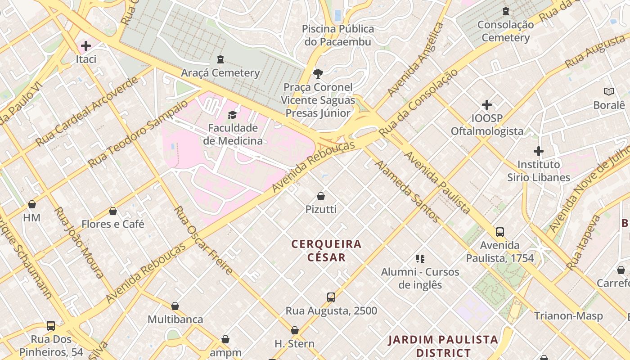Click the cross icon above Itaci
click(85, 46)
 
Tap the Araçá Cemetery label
click(220, 72)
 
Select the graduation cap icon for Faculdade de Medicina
click(232, 115)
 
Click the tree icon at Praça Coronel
click(318, 73)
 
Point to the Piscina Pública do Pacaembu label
click(337, 36)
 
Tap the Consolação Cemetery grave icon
click(506, 11)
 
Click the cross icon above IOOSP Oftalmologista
click(487, 105)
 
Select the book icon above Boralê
click(609, 92)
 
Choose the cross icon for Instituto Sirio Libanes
click(539, 151)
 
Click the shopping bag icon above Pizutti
click(321, 196)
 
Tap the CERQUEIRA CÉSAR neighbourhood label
click(326, 251)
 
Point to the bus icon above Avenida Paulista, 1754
click(500, 232)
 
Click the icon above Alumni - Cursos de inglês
click(420, 259)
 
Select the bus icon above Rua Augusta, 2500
click(331, 297)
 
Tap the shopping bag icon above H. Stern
click(295, 331)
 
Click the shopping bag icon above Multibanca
click(175, 306)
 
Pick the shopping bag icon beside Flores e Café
click(113, 211)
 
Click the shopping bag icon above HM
click(32, 205)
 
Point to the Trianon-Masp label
click(568, 316)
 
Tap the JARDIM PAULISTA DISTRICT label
click(443, 346)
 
